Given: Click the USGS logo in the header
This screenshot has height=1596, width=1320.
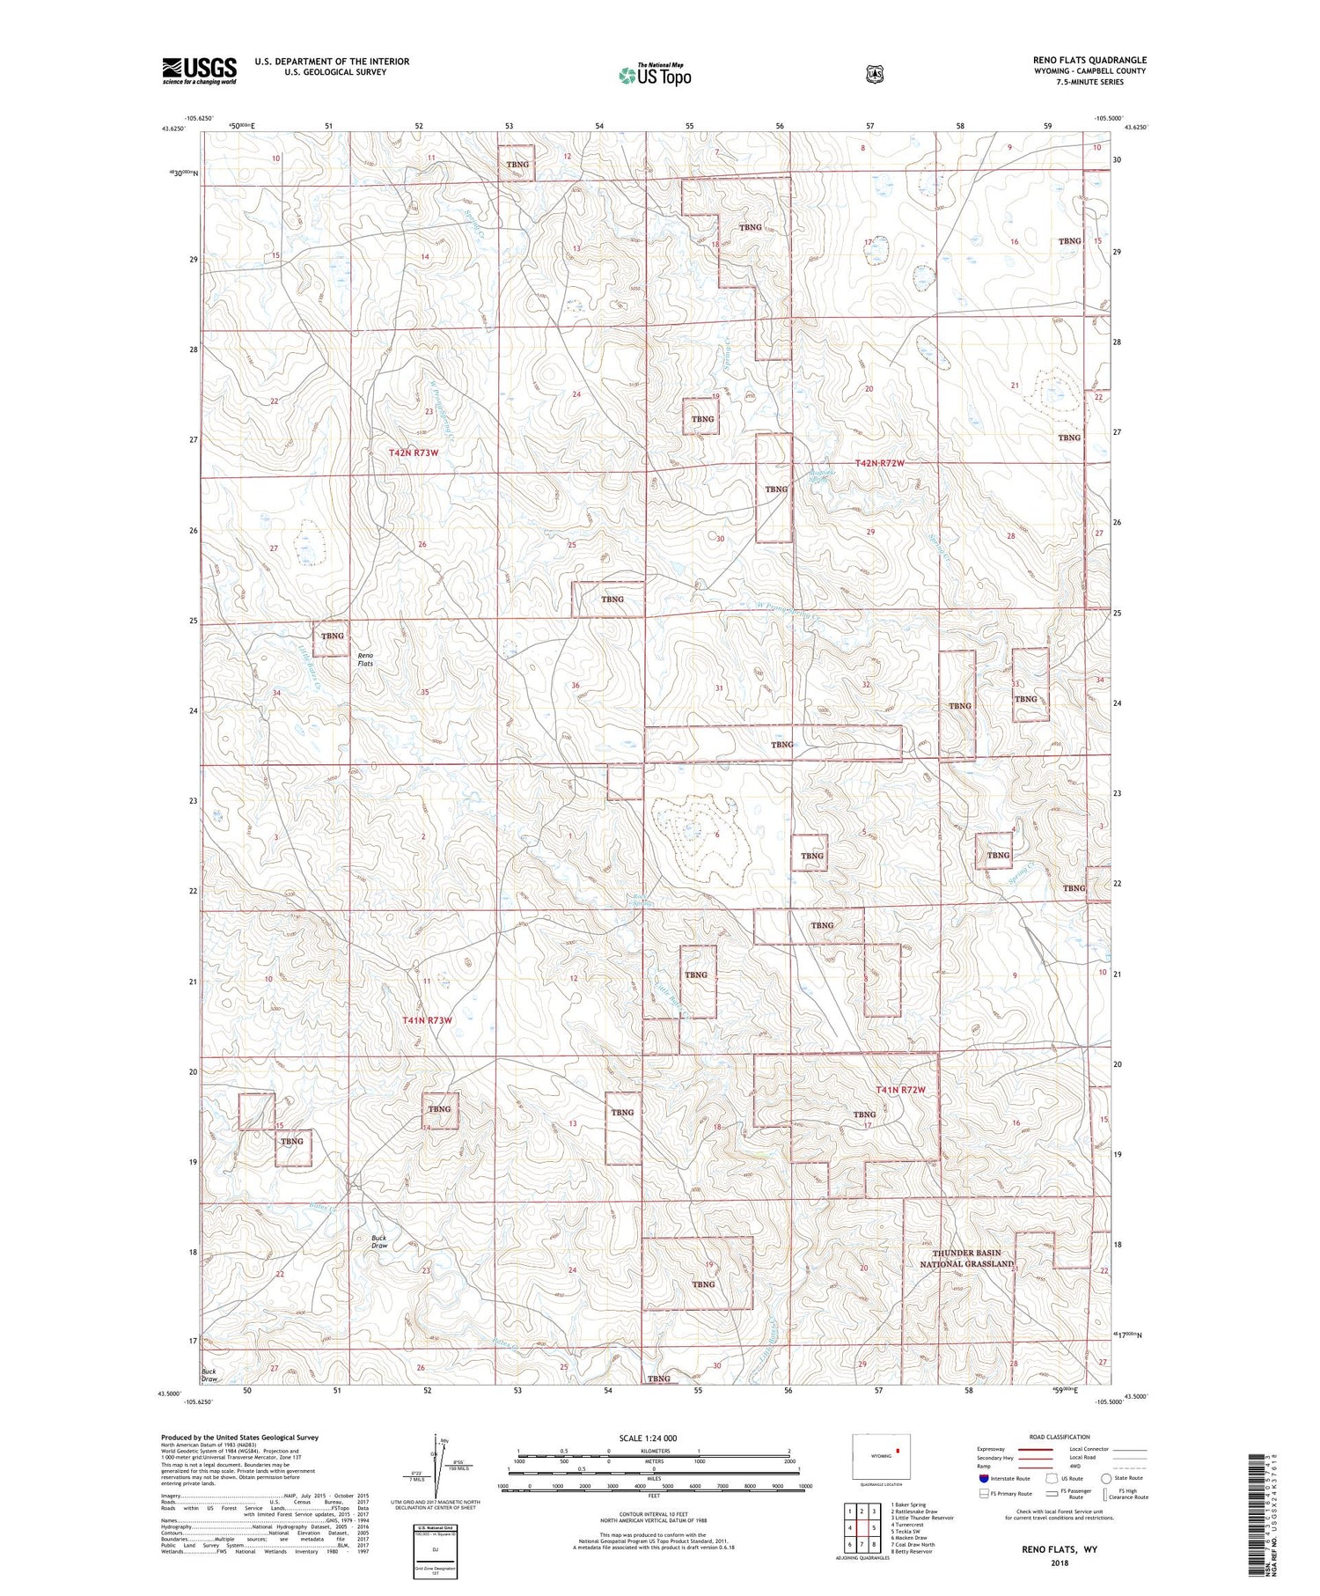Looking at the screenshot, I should (x=199, y=70).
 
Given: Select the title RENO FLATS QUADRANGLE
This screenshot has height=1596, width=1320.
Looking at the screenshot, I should (x=1089, y=61).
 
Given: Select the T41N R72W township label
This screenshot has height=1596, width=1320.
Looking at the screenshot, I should (x=901, y=1090).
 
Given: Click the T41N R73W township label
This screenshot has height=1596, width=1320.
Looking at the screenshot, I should (x=427, y=1020).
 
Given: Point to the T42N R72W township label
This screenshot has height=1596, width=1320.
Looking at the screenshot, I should (x=880, y=463).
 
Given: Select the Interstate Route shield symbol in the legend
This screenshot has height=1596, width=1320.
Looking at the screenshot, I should (x=984, y=1478).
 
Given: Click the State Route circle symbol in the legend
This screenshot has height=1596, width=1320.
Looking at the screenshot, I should (x=1106, y=1478).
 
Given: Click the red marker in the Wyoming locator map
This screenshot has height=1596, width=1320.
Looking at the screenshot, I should (x=898, y=1450).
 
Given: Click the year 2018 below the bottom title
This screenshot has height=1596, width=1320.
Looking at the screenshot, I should (x=1052, y=1563).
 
